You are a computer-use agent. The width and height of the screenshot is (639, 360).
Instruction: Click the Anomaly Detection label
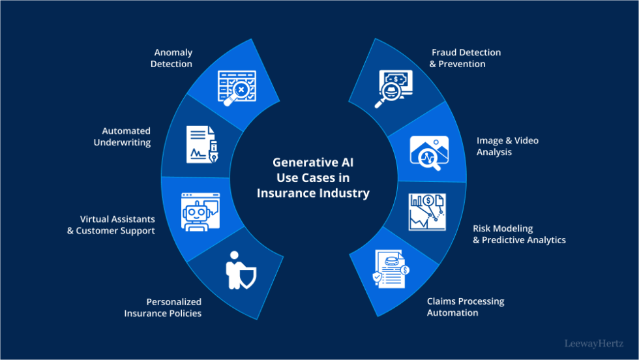172,58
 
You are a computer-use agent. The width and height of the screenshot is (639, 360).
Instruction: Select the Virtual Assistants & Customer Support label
111,225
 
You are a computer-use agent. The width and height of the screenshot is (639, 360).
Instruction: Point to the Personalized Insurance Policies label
163,307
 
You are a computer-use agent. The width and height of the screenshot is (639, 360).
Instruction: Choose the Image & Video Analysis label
508,146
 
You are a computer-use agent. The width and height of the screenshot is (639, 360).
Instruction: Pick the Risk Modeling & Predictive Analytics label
519,234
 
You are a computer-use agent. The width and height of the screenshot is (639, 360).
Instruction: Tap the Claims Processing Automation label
465,307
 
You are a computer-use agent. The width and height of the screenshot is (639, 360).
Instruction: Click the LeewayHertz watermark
593,342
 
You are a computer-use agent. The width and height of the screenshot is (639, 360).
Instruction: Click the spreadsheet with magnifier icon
236,85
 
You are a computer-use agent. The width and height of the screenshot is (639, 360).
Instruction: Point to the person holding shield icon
239,269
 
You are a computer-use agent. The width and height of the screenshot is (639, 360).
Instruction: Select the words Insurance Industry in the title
313,193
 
